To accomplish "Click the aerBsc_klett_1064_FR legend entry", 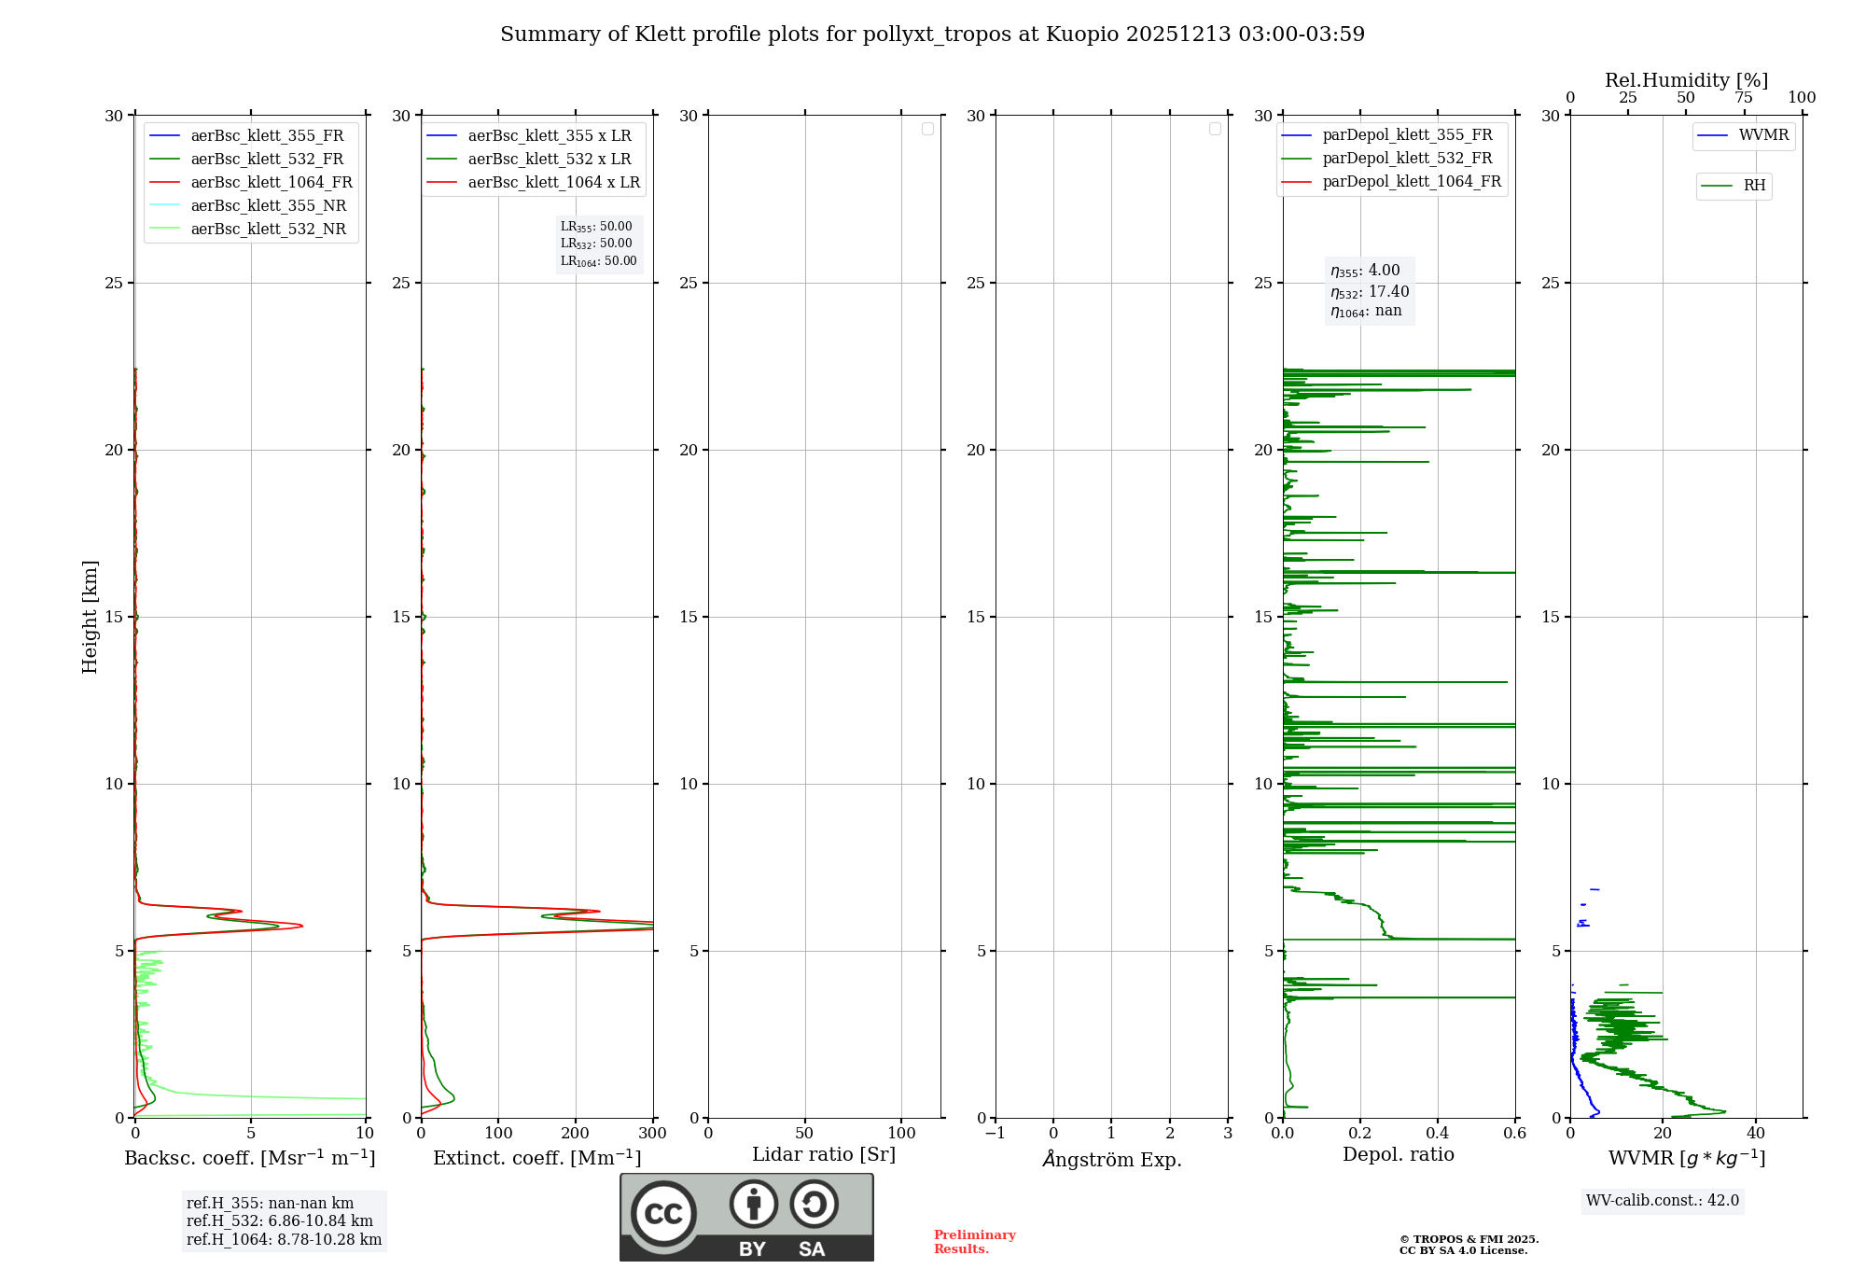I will tap(272, 183).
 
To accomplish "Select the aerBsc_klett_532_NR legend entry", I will tap(268, 230).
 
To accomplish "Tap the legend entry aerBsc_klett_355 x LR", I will tap(550, 136).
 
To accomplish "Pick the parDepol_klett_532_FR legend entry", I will tap(1407, 159).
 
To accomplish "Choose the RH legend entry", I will tap(1754, 186).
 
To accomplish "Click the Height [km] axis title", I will tap(90, 616).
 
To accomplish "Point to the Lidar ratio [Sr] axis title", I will tap(824, 1155).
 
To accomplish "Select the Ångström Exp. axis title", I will tap(1112, 1159).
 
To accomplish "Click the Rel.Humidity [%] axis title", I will tap(1686, 80).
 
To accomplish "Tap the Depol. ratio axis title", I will tap(1398, 1155).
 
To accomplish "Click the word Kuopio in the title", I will tap(1082, 35).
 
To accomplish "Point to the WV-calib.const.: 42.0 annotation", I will tap(1662, 1201).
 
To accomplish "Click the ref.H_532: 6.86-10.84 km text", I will tap(280, 1221).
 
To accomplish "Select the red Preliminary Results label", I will tap(974, 1242).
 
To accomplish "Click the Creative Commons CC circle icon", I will tap(663, 1213).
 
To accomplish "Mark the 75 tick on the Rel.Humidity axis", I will tap(1743, 98).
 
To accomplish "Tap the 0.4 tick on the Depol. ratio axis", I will tap(1438, 1134).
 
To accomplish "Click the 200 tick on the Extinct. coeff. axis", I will tap(576, 1134).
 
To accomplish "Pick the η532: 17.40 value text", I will tap(1370, 292).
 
